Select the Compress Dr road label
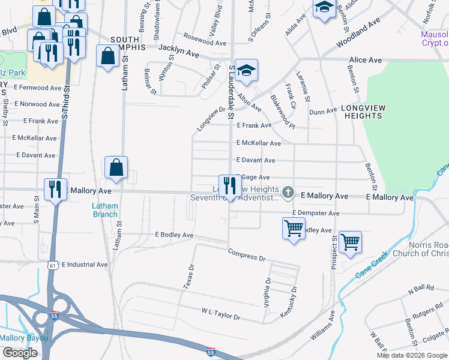point(246,254)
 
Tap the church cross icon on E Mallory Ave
point(288,193)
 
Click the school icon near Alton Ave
point(246,71)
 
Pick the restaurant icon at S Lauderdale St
point(229,186)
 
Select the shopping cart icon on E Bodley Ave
point(294,227)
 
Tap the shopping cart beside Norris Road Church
point(350,242)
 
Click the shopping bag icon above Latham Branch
point(116,167)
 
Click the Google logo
point(20,353)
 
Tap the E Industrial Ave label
point(84,264)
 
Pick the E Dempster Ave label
point(316,213)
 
